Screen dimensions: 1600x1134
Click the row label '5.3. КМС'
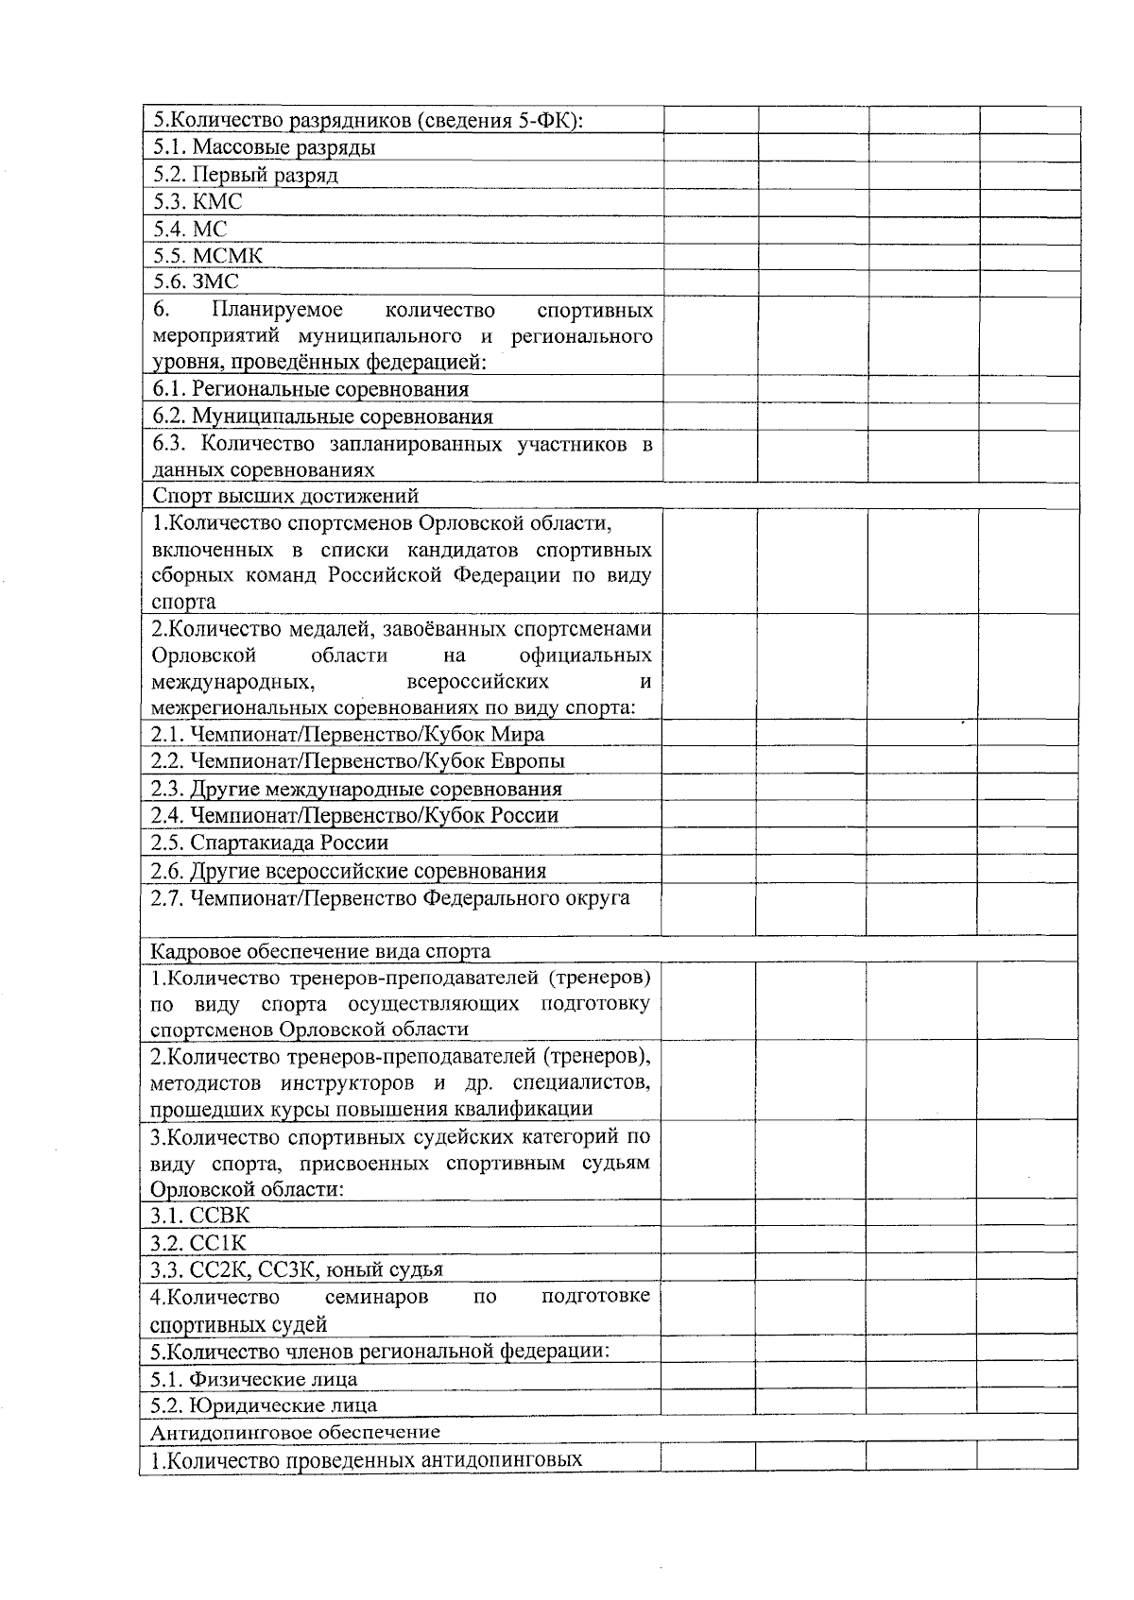pyautogui.click(x=198, y=202)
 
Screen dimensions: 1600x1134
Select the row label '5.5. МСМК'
pyautogui.click(x=208, y=256)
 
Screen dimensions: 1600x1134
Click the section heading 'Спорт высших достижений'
pyautogui.click(x=285, y=496)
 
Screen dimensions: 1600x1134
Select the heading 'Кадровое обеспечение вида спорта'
pyautogui.click(x=320, y=951)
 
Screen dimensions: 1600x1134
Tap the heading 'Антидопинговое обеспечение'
pyautogui.click(x=295, y=1432)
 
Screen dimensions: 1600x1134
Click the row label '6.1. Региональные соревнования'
pyautogui.click(x=311, y=390)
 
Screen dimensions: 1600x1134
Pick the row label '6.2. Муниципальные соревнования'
pyautogui.click(x=322, y=417)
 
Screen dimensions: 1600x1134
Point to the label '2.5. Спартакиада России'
pyautogui.click(x=269, y=843)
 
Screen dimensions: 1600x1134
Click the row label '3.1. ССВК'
pyautogui.click(x=199, y=1216)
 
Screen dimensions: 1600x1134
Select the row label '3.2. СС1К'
pyautogui.click(x=198, y=1243)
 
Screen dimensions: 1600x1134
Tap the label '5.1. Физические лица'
pyautogui.click(x=253, y=1379)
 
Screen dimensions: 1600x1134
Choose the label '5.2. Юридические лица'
pyautogui.click(x=264, y=1405)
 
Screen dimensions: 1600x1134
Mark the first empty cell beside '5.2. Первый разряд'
pyautogui.click(x=711, y=175)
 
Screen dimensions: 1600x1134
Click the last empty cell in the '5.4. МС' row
pyautogui.click(x=1029, y=229)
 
